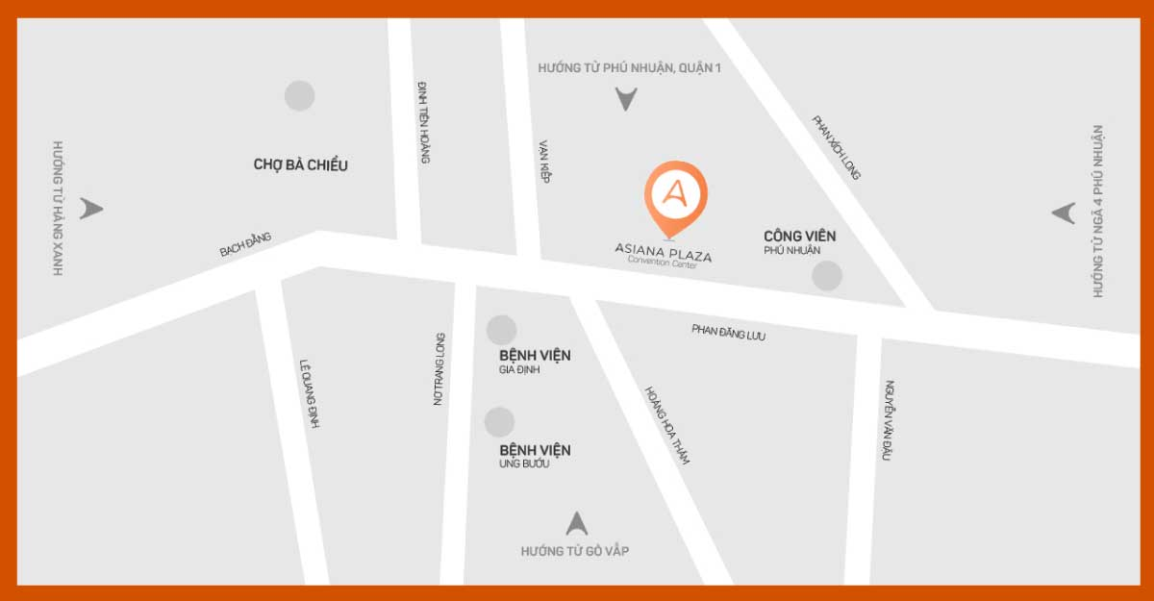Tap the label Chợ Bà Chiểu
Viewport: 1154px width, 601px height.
pos(301,164)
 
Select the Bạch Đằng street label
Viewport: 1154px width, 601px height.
pos(246,244)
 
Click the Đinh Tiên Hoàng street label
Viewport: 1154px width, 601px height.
pos(423,121)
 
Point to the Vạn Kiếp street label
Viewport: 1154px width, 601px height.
pos(544,161)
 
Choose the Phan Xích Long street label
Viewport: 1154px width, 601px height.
pos(837,147)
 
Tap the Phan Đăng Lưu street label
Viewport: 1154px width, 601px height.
pos(729,333)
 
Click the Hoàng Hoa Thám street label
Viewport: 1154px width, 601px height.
pos(667,425)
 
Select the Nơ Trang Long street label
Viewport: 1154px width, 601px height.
pos(439,368)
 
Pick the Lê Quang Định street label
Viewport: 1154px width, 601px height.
pos(310,388)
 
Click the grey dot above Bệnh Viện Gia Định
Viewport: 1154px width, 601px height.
pos(501,330)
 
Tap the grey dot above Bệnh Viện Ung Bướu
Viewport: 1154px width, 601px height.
pos(499,422)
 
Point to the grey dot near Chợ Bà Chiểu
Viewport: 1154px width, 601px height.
pos(299,95)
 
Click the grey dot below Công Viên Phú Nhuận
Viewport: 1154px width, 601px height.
pos(827,276)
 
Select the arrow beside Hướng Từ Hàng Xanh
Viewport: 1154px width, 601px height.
pos(91,209)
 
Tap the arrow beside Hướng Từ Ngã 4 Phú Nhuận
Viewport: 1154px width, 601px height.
pos(1063,213)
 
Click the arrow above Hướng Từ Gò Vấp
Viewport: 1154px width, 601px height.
pos(576,524)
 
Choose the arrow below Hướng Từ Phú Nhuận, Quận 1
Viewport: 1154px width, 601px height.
pos(626,98)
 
